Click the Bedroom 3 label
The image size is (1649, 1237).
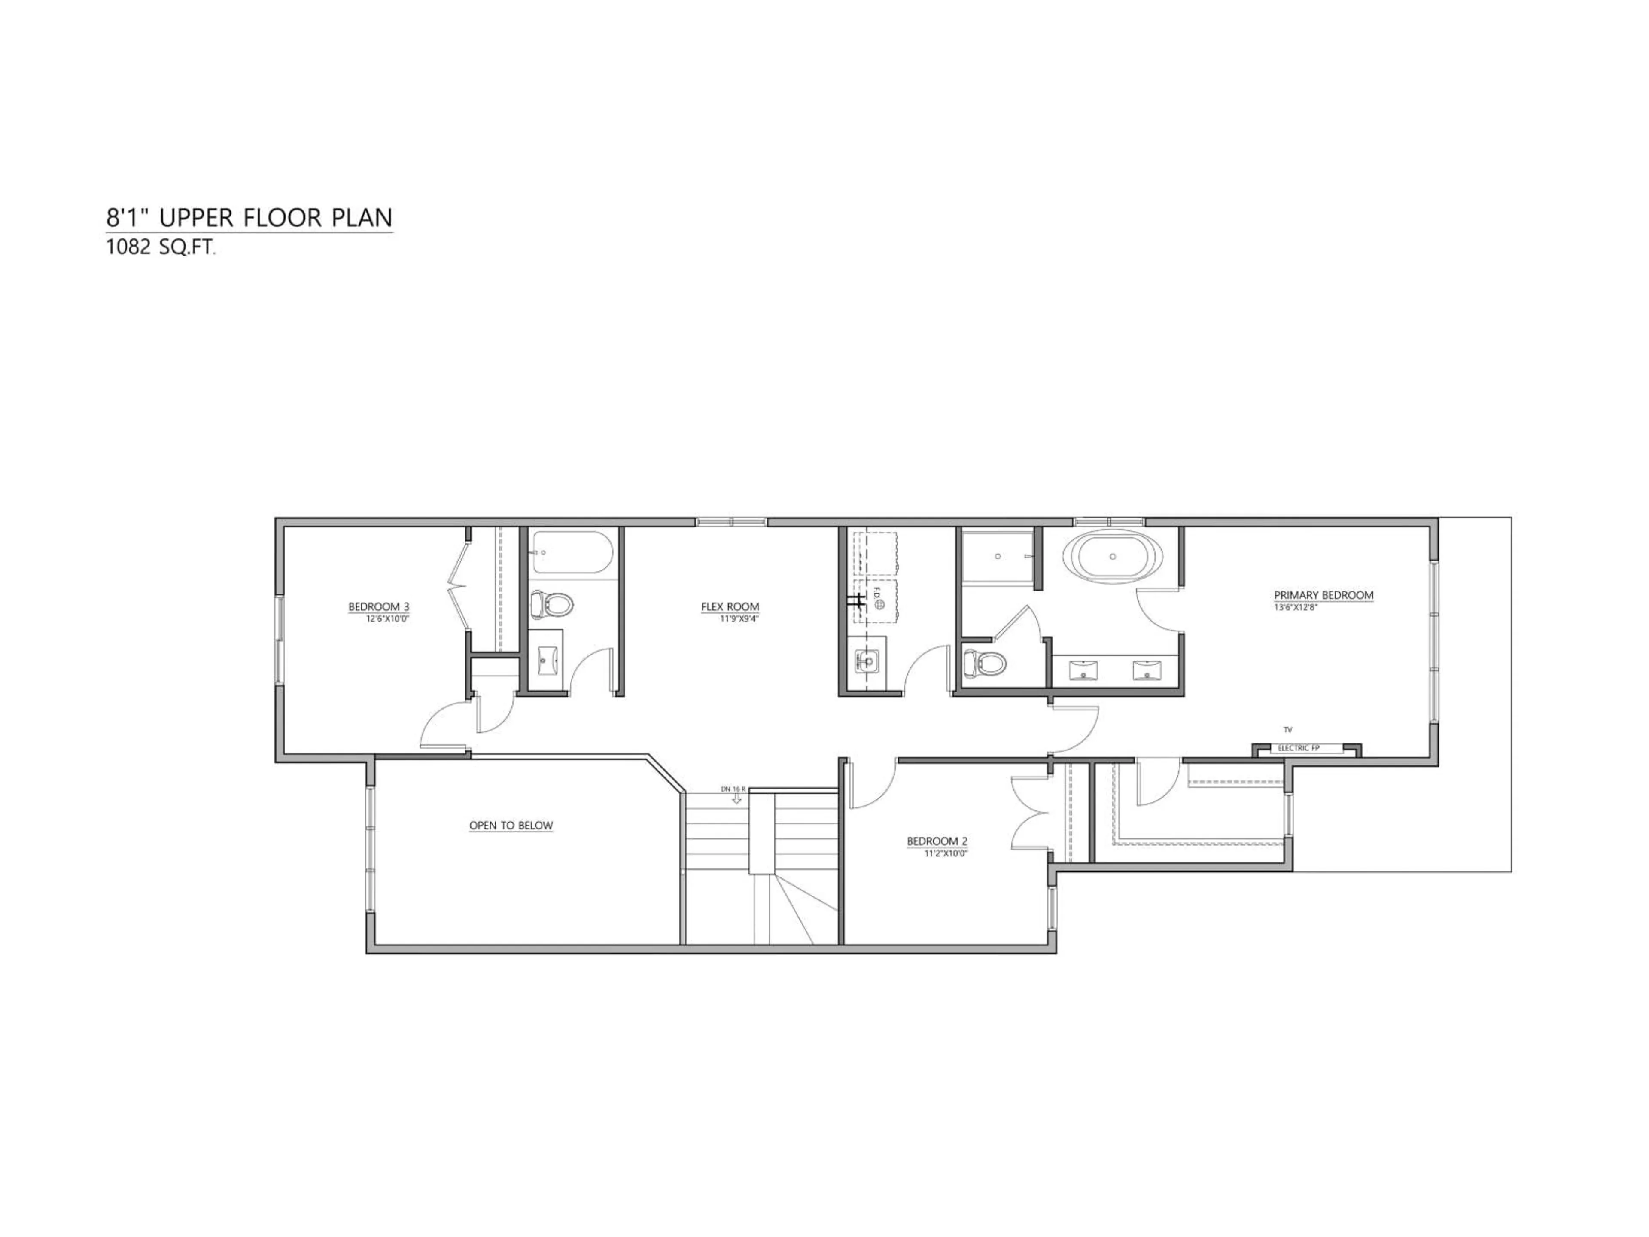379,607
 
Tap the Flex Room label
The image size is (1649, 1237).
730,607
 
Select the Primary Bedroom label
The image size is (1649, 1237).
1323,595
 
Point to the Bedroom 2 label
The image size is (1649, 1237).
937,841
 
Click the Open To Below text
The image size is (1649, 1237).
511,826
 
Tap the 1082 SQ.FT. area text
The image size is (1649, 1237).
160,247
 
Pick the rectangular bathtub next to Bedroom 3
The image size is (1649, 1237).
572,552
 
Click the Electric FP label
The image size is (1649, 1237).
1299,748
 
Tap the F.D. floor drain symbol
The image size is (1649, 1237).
879,604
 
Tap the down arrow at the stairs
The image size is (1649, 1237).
736,798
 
